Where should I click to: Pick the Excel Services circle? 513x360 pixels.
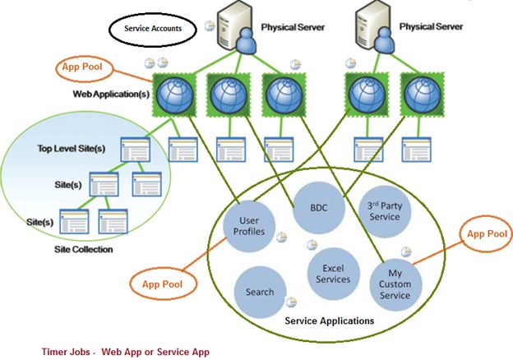(333, 275)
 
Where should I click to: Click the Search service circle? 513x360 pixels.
(260, 293)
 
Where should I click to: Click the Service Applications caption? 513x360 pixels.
(328, 321)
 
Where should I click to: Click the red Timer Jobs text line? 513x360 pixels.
(126, 351)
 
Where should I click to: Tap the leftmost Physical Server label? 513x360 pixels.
(293, 27)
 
